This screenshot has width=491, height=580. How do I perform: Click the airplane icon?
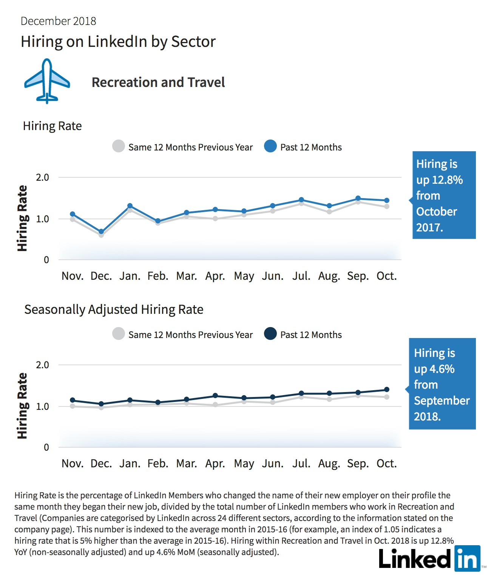[x=47, y=81]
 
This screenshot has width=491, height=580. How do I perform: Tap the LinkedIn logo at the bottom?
[x=429, y=559]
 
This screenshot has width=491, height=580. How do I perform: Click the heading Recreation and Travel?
[x=158, y=82]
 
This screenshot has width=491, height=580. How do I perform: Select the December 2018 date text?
[x=58, y=21]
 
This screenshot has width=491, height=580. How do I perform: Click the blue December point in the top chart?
[x=101, y=232]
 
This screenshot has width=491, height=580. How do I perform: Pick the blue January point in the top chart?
[x=130, y=206]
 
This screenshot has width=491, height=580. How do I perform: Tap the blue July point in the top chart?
[x=301, y=200]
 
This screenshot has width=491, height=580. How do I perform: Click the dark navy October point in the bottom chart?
[x=387, y=389]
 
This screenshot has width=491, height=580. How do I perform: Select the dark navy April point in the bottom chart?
[x=215, y=395]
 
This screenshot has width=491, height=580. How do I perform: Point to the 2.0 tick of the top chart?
[x=43, y=177]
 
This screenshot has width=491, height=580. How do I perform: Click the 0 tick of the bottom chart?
[x=46, y=447]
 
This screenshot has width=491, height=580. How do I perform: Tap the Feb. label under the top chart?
[x=158, y=276]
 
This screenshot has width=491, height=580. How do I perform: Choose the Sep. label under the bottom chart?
[x=358, y=464]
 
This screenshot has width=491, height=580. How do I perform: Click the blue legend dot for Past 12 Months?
[x=270, y=146]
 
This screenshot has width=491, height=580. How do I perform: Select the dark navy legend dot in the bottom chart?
[x=270, y=333]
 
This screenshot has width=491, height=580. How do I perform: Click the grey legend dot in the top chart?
[x=119, y=146]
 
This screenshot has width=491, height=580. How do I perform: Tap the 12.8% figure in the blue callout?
[x=448, y=180]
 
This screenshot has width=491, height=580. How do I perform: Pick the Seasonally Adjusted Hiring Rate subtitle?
[x=114, y=310]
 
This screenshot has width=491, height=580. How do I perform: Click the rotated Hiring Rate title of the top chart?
[x=22, y=218]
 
